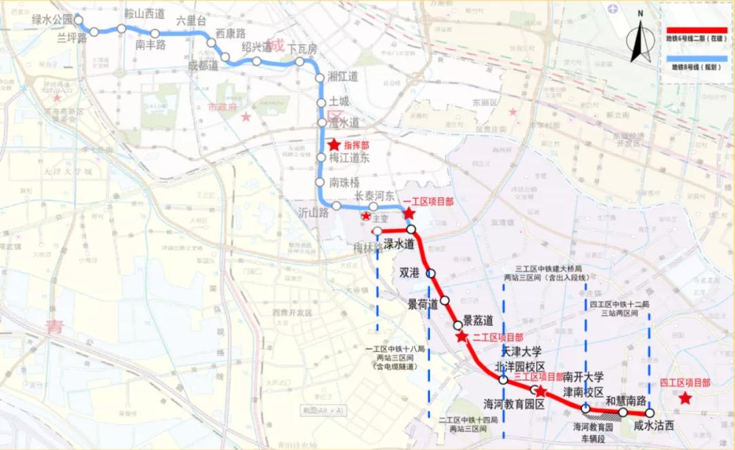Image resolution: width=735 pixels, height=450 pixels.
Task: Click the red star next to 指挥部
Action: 333,145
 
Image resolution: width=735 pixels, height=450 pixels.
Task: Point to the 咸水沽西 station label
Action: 653,426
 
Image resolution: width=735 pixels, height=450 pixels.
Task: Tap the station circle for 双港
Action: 431,273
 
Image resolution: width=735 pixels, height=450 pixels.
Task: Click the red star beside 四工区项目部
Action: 685,398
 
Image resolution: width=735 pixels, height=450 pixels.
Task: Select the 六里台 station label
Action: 191,20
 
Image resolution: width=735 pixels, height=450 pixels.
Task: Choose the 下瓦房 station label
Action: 302,49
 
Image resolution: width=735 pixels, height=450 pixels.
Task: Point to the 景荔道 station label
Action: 478,319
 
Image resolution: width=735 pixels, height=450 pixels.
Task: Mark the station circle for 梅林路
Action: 377,231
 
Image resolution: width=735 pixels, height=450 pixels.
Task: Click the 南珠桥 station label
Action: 344,183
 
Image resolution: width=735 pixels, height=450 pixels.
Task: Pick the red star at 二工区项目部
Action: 462,336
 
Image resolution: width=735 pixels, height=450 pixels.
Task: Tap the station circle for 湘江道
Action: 321,78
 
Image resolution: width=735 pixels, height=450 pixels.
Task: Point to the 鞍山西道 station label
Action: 144,14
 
